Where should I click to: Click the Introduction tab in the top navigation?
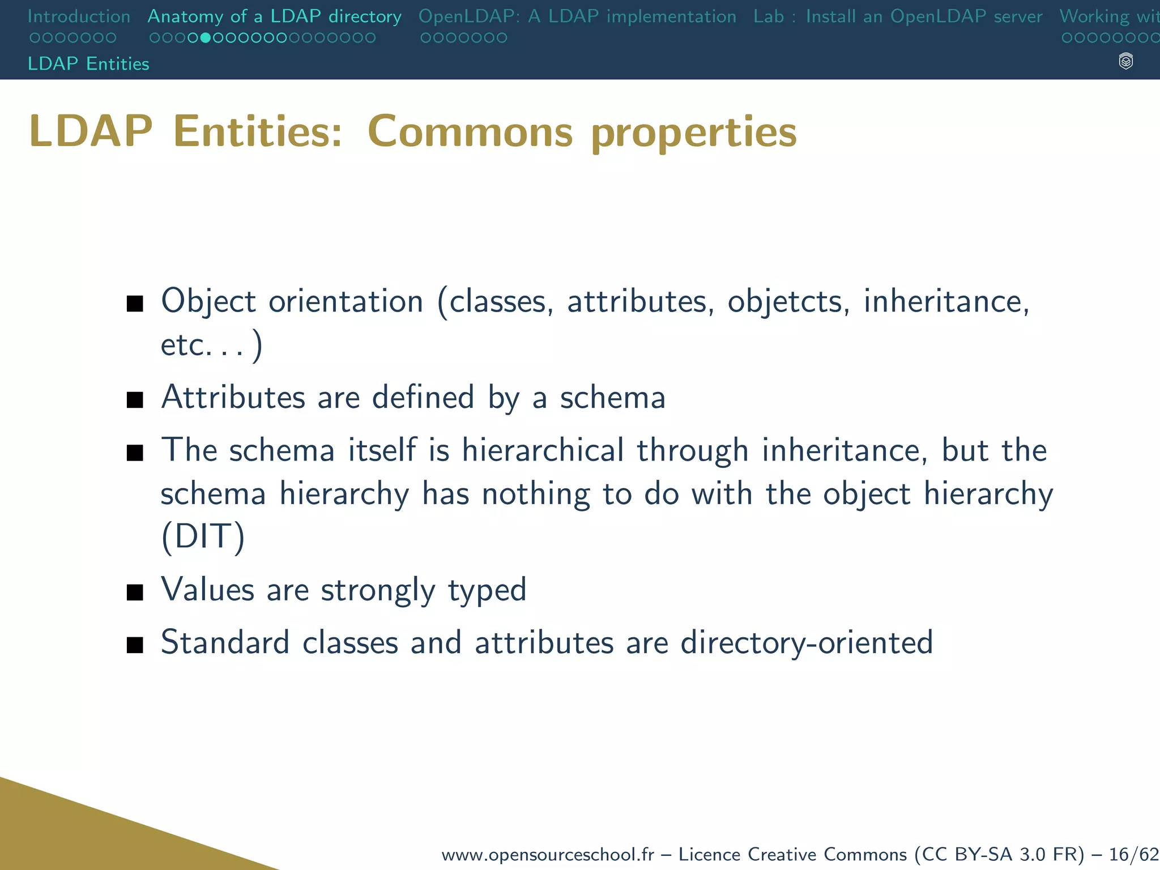point(79,16)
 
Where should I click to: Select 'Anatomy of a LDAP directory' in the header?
point(274,16)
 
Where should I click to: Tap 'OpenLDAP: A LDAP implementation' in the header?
point(577,16)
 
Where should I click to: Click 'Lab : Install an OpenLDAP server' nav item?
point(898,16)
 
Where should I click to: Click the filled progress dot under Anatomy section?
point(206,38)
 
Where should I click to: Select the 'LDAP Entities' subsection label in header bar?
point(88,63)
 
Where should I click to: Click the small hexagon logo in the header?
point(1126,61)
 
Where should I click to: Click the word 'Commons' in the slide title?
point(470,131)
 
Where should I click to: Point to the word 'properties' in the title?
point(693,133)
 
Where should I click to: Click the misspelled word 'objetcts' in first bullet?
point(788,301)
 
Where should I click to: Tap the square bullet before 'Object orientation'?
point(135,304)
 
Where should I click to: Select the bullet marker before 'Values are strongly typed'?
point(135,592)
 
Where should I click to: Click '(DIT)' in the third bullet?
point(203,536)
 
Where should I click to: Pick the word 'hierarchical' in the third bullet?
point(543,450)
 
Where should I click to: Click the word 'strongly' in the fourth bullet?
point(378,590)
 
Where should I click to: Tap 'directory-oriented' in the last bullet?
point(806,642)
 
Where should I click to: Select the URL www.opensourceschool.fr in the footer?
point(547,854)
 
